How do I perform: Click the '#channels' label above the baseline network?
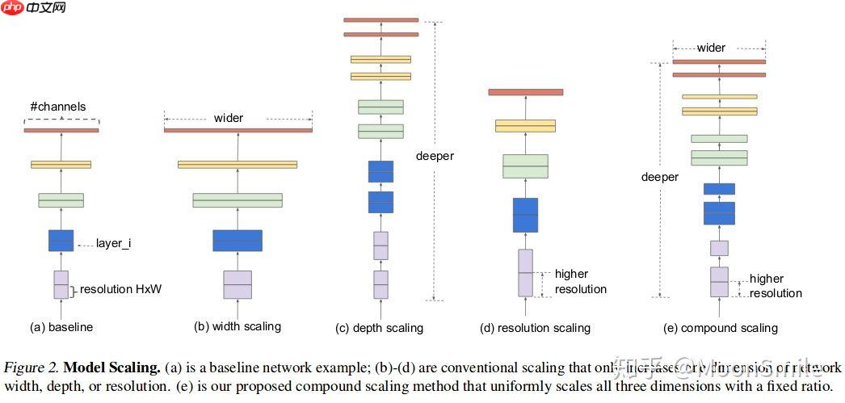57,107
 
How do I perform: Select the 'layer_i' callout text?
113,243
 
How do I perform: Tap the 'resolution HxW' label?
120,289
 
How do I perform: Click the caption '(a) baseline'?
61,327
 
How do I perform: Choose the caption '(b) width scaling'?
238,326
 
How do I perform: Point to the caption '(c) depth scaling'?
379,328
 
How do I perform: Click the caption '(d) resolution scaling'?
535,328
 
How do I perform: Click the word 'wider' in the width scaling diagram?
229,118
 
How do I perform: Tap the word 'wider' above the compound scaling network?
711,48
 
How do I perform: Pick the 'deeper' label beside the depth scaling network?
435,156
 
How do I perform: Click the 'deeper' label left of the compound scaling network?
659,177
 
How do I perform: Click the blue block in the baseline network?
61,241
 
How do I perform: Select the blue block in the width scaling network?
238,241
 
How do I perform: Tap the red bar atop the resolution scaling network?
525,92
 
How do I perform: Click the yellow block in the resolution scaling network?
525,126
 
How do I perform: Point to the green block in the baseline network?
61,199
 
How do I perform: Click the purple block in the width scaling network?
238,284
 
